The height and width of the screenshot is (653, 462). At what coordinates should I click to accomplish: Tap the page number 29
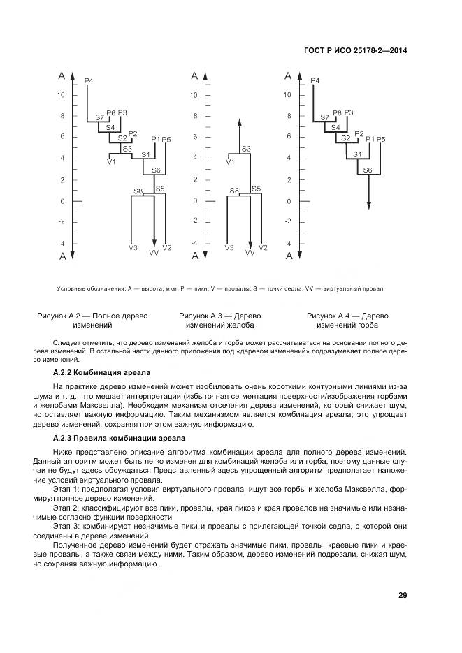point(403,595)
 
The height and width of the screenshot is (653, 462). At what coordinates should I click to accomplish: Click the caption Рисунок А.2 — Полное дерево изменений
point(92,321)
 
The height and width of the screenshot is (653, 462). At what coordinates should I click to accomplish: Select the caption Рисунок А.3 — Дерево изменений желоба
point(220,321)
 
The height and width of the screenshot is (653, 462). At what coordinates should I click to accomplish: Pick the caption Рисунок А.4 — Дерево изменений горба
point(347,321)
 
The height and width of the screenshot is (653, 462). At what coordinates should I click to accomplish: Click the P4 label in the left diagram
point(89,82)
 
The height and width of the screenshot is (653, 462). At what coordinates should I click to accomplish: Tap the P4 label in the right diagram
point(315,82)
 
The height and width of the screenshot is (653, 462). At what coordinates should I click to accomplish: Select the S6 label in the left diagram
point(156,170)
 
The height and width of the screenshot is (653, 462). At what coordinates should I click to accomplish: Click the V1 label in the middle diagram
point(231,163)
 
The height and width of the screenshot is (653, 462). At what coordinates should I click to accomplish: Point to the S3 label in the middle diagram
point(246,149)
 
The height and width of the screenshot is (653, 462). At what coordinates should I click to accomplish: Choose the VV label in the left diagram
point(154,253)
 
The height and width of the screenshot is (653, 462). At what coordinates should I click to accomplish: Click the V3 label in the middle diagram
point(229,248)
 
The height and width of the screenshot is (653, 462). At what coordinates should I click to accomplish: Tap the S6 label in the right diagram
point(368,170)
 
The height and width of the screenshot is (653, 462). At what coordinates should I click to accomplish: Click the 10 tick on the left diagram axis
point(62,95)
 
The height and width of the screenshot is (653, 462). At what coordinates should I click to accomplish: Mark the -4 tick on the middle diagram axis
point(194,243)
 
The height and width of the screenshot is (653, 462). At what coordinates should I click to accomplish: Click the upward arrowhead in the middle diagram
point(239,122)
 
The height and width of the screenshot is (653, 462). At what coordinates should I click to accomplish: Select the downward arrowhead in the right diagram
point(369,205)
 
